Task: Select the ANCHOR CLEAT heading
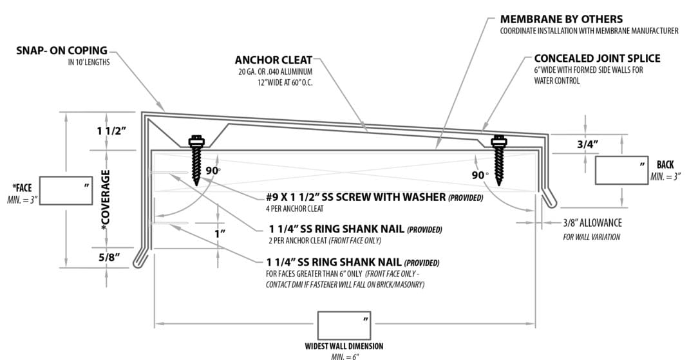274,61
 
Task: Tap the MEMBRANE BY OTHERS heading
561,19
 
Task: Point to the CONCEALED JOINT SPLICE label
597,59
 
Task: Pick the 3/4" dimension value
588,145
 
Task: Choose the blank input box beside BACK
621,170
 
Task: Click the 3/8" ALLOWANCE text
592,223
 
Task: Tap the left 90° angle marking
213,171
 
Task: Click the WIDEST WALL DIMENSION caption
344,345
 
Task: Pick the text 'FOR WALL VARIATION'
590,238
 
